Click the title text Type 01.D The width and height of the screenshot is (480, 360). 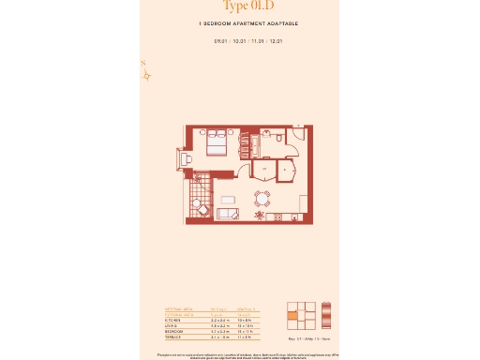239,6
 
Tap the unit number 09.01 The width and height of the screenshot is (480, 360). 221,41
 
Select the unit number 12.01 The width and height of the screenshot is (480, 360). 275,41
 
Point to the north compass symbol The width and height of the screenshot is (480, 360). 145,73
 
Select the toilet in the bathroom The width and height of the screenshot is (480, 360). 279,138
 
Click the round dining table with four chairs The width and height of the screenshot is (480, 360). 262,197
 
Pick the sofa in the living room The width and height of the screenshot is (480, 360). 227,214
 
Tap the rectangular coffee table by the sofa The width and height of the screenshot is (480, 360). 229,200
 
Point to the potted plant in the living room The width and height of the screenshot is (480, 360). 260,216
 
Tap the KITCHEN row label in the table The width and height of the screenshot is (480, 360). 172,320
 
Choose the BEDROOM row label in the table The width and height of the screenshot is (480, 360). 173,331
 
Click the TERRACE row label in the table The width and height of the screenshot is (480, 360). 172,337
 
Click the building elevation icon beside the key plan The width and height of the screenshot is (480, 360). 326,314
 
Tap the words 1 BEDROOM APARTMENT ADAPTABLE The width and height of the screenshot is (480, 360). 239,22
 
